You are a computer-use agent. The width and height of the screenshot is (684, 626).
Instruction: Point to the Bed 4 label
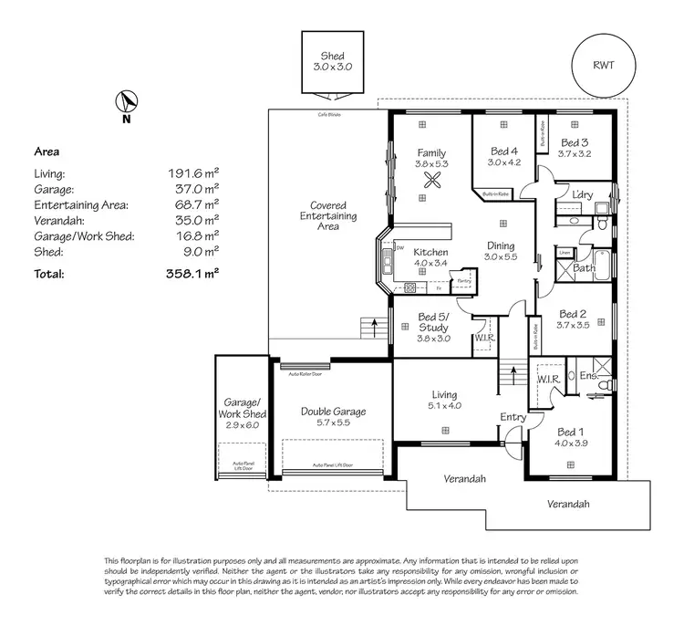coord(503,151)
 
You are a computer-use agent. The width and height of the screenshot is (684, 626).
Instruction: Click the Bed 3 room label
coord(575,143)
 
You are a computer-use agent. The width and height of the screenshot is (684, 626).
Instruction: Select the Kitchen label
coord(430,252)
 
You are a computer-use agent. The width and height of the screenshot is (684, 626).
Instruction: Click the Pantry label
coord(464,282)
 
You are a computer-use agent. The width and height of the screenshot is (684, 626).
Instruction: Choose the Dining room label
coord(500,246)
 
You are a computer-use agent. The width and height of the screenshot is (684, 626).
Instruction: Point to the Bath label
coord(585,269)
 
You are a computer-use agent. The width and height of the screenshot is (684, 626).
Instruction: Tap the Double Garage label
coord(333,412)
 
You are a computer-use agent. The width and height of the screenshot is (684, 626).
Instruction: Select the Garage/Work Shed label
coord(243,408)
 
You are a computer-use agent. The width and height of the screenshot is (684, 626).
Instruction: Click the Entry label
coord(513,417)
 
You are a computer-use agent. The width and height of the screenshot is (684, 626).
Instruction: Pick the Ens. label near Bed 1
coord(588,375)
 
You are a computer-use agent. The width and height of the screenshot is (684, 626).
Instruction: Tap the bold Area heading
coord(47,151)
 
